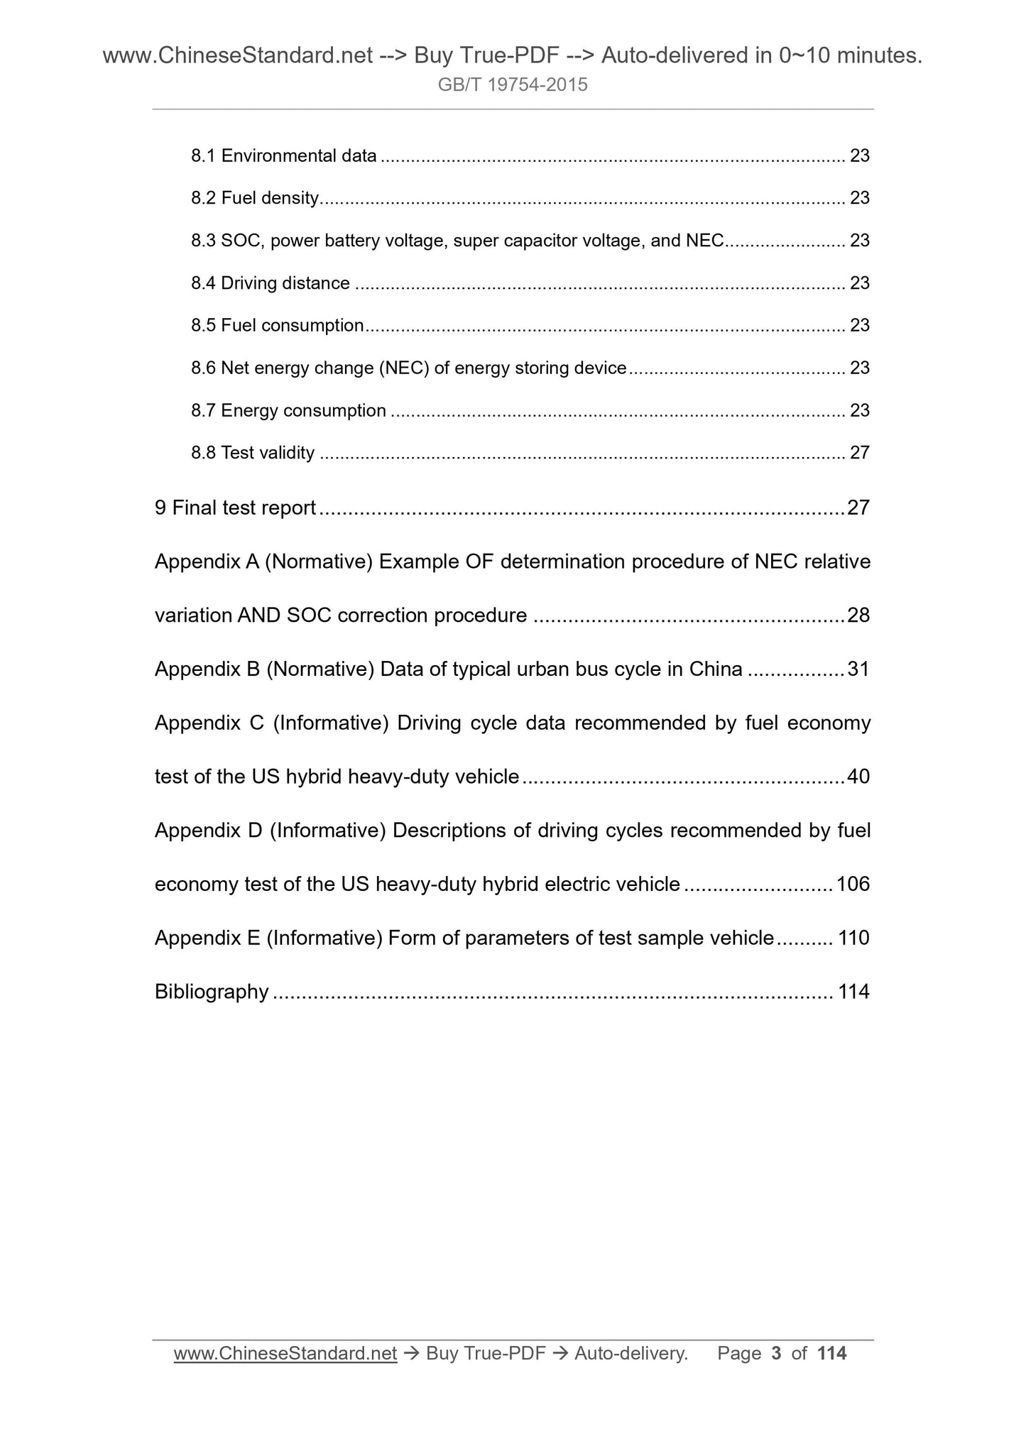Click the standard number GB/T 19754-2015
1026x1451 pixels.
513,85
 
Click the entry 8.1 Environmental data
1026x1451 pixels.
284,155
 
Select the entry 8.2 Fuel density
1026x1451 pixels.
255,198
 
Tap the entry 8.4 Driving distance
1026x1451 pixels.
271,283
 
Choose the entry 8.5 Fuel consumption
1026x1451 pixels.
278,325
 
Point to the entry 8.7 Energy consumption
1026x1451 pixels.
289,410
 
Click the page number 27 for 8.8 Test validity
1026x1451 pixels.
859,453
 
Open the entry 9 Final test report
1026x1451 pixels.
235,508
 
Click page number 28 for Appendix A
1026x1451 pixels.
858,615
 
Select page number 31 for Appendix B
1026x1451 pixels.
858,669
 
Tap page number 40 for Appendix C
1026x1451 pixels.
858,777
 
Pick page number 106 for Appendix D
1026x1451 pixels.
853,885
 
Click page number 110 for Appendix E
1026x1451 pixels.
853,938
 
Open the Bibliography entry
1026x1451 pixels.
212,992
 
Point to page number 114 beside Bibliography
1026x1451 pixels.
853,992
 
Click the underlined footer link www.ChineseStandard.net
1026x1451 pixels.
285,1354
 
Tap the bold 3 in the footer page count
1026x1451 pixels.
776,1354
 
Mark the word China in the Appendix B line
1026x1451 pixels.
716,669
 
